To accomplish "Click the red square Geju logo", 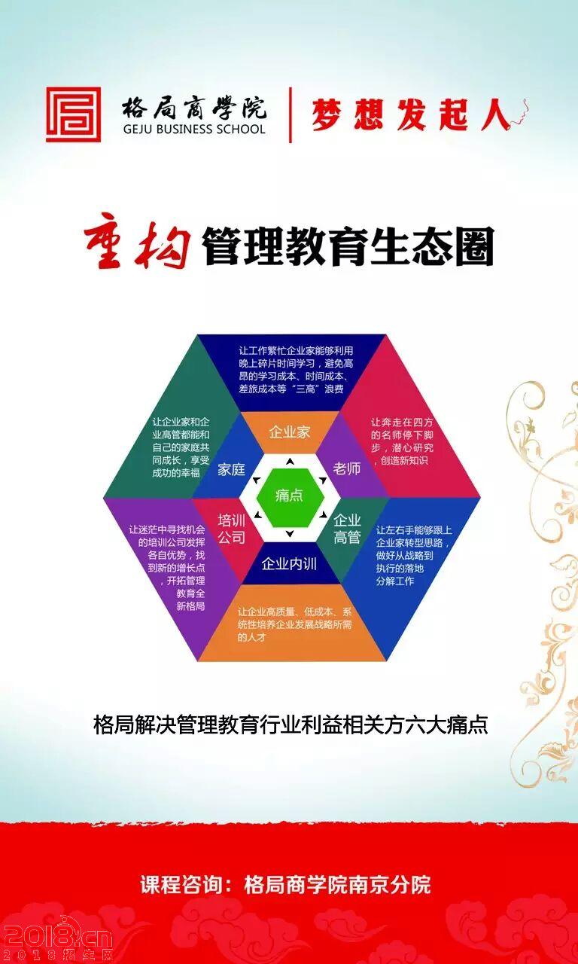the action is point(74,114).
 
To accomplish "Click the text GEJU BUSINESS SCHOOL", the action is point(194,129).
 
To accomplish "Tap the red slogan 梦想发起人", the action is point(411,114).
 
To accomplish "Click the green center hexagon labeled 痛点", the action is point(290,496).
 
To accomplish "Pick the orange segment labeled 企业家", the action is point(290,432).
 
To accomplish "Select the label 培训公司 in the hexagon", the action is point(231,529).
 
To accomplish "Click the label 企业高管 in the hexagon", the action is point(347,529).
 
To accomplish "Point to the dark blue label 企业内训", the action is point(289,564).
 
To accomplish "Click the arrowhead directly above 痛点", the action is point(291,462).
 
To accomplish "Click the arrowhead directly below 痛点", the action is point(290,534).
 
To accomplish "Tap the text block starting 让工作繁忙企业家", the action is point(296,370).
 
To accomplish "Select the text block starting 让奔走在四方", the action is point(402,441).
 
